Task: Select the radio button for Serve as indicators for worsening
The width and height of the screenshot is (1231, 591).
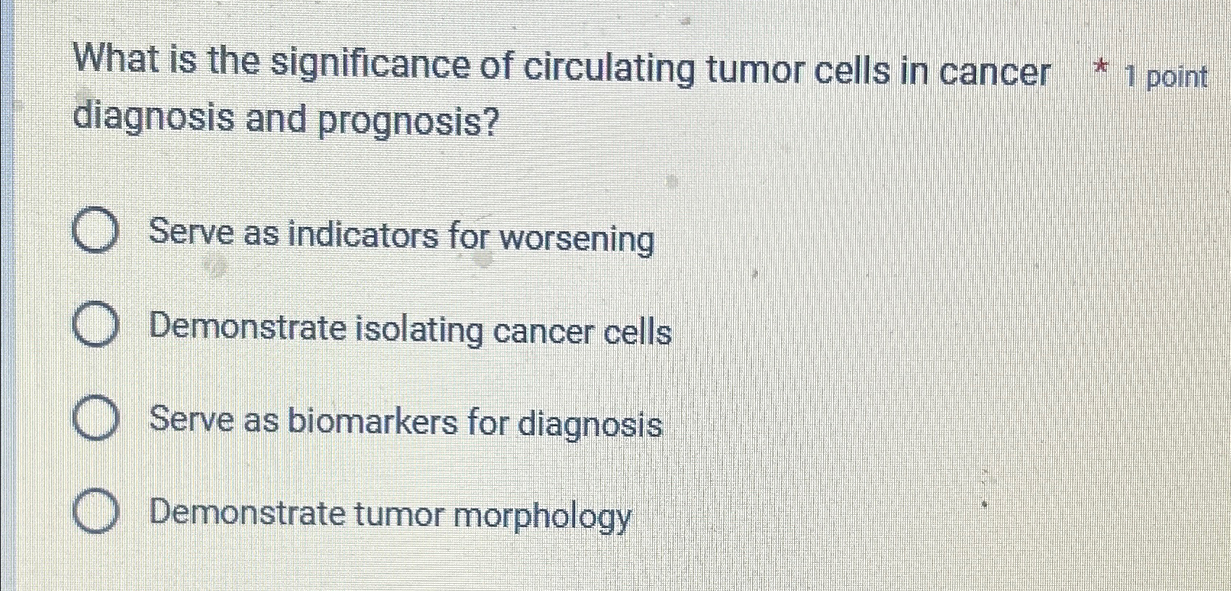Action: point(95,231)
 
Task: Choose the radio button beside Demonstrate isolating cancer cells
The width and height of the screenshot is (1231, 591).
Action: point(95,326)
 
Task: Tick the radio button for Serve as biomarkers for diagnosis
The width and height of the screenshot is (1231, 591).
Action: point(95,420)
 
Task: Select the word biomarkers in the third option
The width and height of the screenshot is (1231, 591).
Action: point(372,421)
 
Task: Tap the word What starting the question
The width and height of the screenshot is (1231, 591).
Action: point(118,59)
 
